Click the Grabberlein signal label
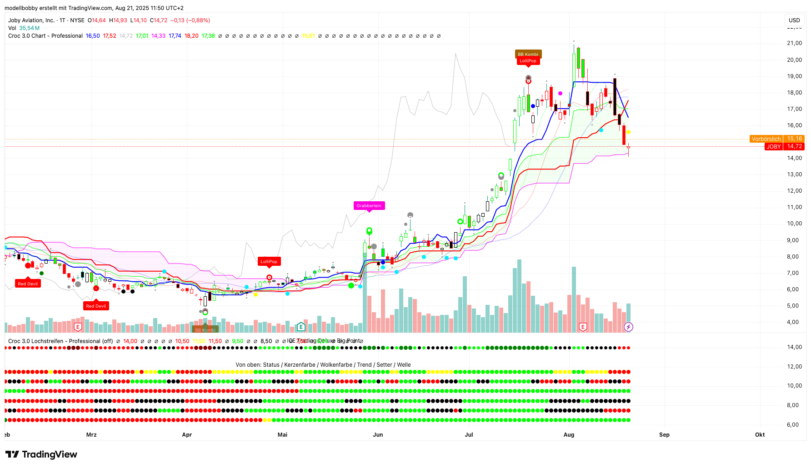(x=369, y=206)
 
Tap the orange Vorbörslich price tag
(x=766, y=139)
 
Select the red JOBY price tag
(x=773, y=147)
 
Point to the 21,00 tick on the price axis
(x=794, y=43)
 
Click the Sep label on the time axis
(x=664, y=435)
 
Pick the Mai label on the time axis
(x=282, y=435)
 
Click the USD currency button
(x=794, y=20)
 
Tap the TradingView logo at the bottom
(x=41, y=454)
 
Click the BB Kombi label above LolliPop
(x=528, y=55)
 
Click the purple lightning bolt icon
(x=628, y=327)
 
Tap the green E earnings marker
(x=300, y=327)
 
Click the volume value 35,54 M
(x=29, y=28)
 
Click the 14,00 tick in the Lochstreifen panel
(x=794, y=347)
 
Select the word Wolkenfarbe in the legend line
(x=336, y=365)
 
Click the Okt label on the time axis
(x=760, y=435)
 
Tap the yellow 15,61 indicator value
(x=308, y=36)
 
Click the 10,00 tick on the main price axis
(x=794, y=224)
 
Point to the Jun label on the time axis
(x=378, y=435)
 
